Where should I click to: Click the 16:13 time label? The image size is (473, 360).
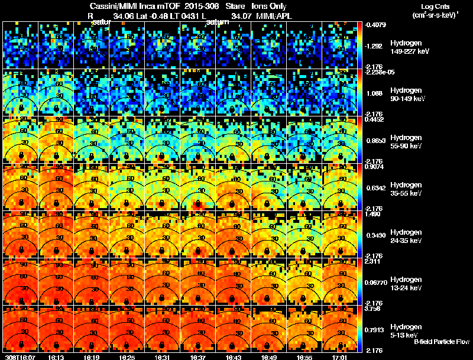pos(57,356)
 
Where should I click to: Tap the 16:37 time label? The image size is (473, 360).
pos(199,356)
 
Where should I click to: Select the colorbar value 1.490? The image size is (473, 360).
pos(374,214)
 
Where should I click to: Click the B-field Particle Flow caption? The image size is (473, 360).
pos(442,342)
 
